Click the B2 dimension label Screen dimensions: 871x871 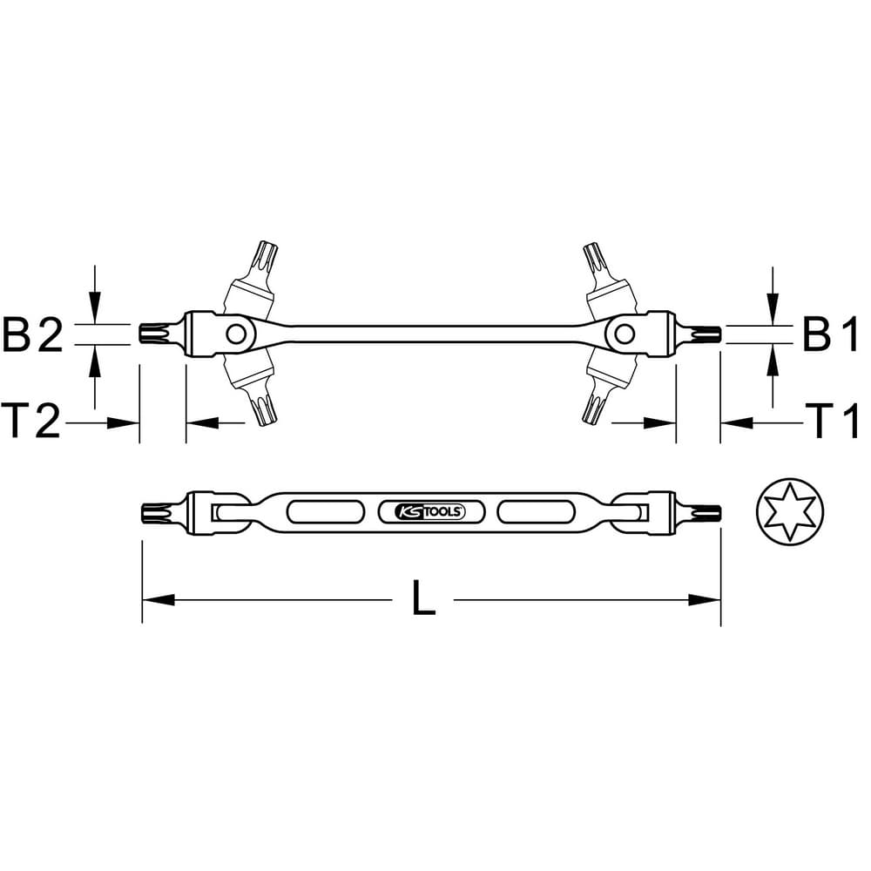coord(33,334)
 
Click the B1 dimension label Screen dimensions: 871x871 coord(830,334)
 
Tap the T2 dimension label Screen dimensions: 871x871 coord(30,421)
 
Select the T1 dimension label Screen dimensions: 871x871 coord(832,421)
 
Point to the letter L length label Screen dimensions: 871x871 coord(424,598)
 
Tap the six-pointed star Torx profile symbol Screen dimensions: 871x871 coord(790,511)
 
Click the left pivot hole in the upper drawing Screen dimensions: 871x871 coord(236,334)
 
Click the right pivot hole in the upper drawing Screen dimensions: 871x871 coord(624,334)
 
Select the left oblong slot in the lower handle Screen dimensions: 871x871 coord(326,511)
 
